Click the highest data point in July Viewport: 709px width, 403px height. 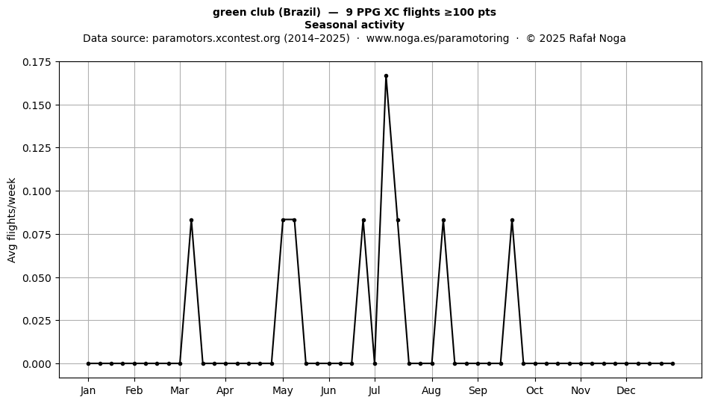(386, 76)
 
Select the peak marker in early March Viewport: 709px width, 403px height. (191, 220)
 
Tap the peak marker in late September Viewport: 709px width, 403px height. (512, 220)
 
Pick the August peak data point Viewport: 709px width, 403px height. (443, 220)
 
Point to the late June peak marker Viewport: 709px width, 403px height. (363, 220)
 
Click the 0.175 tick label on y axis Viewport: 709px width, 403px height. (37, 62)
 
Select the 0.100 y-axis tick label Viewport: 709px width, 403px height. (37, 191)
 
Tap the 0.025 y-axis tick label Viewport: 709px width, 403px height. (37, 321)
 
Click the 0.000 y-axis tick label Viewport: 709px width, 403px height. (37, 363)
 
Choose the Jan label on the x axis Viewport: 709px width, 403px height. (88, 390)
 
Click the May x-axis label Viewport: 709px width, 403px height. (283, 390)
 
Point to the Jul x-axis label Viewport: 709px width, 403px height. (374, 390)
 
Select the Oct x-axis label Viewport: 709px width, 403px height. (535, 390)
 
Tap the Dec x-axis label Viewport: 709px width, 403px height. (626, 390)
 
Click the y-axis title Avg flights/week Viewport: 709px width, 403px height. (12, 220)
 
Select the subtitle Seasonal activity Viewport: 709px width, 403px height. (354, 25)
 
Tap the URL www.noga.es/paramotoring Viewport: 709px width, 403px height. (437, 38)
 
